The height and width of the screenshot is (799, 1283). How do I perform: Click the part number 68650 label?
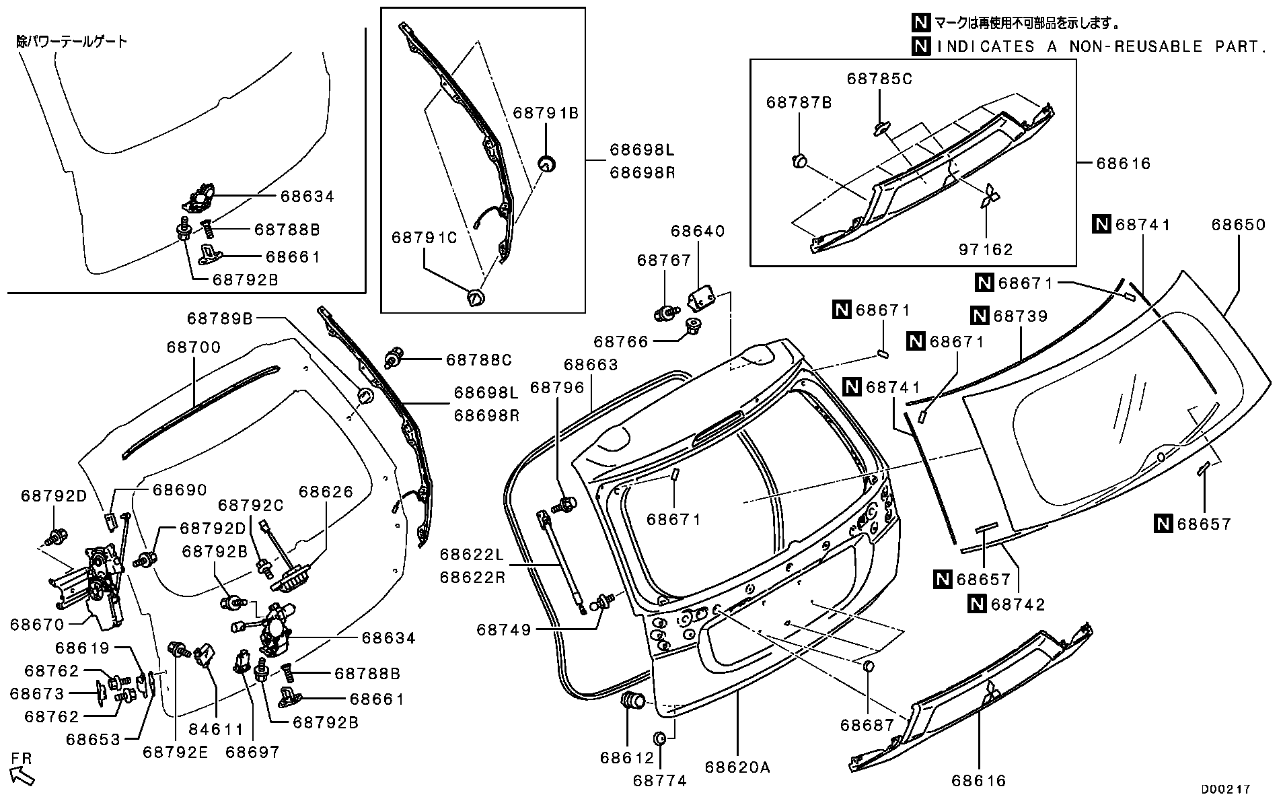1239,225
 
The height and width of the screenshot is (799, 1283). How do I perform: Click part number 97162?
986,250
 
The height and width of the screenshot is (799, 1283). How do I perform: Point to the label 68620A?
737,767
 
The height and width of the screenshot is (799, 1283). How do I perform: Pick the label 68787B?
799,102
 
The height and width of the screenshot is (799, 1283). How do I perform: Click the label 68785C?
879,79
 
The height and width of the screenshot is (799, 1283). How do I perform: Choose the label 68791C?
425,238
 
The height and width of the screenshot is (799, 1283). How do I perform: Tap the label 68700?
194,347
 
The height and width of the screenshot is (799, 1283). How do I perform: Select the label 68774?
659,781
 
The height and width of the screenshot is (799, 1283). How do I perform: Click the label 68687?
867,725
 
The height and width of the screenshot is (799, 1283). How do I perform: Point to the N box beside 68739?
979,315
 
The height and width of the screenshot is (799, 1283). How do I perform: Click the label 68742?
1018,604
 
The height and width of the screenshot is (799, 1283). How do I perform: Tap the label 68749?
504,630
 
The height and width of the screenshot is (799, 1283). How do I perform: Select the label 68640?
698,232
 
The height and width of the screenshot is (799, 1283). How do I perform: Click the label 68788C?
479,360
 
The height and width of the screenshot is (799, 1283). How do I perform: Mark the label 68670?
38,625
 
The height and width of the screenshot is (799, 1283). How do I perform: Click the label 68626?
326,492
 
